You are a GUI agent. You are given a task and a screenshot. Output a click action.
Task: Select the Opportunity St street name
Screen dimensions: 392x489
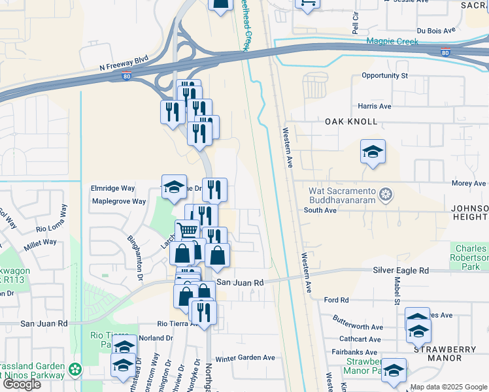pos(384,76)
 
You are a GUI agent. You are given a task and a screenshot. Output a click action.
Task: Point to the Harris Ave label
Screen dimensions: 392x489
pos(374,106)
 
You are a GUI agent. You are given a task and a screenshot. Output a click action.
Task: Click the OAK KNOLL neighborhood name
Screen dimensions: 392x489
pos(351,122)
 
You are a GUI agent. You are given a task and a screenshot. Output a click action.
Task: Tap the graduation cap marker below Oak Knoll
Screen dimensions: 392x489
pos(373,152)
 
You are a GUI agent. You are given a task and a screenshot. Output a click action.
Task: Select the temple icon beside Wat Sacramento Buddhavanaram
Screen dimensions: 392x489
pos(386,195)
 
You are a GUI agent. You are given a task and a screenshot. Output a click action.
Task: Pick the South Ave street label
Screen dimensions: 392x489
pos(320,210)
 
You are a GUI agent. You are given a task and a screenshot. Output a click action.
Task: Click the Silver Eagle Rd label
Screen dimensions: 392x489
pos(401,270)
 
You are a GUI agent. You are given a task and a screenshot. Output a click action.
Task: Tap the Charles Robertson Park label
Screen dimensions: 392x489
pos(471,257)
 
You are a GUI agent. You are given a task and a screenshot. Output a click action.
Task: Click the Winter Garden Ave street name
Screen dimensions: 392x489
pos(245,357)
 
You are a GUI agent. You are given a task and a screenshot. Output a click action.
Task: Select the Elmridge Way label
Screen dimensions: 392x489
pos(112,188)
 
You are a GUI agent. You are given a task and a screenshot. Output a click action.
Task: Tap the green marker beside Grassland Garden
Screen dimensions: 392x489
pos(76,369)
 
